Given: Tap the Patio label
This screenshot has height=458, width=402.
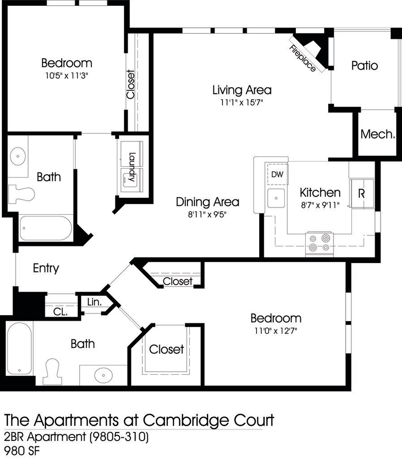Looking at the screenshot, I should pos(364,66).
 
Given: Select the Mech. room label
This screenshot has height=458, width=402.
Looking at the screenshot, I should pos(378,134).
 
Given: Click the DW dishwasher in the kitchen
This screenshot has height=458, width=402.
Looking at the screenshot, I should pos(277,174).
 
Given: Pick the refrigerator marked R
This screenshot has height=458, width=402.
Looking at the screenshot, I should pos(362,193).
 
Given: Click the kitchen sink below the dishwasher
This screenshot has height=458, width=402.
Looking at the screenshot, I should pos(276,198).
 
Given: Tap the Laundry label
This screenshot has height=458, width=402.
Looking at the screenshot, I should pos(132,167).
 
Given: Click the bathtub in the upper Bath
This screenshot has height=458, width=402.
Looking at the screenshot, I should pos(45,229).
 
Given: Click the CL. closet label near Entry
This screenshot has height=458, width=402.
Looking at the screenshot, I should pos(60,312).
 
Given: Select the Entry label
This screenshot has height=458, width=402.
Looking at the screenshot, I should pos(46,268).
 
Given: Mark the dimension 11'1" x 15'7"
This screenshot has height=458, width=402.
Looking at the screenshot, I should pos(242,102).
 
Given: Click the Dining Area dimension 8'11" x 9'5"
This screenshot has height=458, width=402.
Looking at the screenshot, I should pos(207,214).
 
